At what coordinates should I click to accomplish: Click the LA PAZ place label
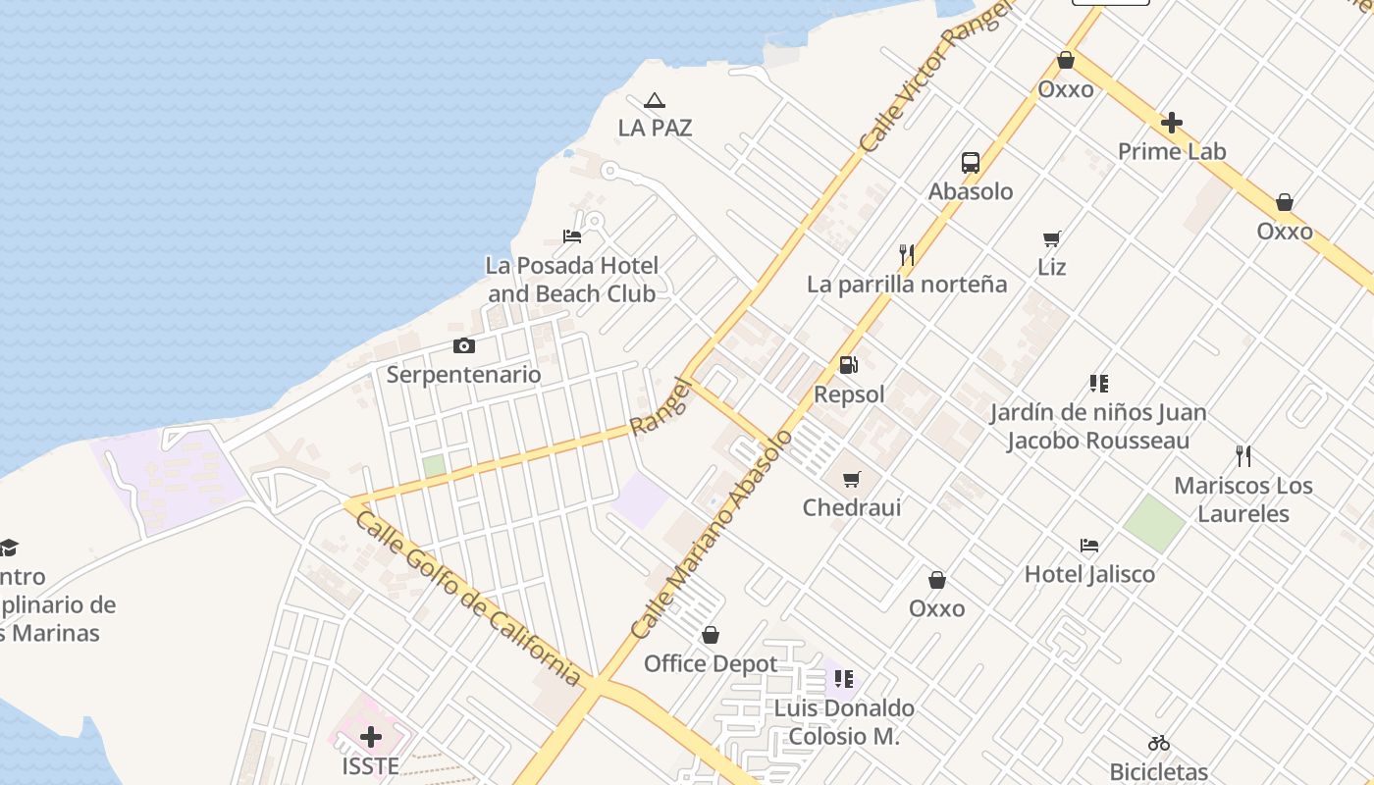coord(655,128)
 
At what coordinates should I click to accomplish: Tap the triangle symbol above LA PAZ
coord(655,100)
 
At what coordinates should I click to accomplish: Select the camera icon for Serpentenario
coord(464,345)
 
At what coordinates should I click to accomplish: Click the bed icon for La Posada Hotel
coord(572,236)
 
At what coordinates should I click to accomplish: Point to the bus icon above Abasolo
coord(971,163)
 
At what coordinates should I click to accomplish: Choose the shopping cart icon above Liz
coord(1052,238)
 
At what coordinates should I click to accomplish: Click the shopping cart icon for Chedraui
coord(852,479)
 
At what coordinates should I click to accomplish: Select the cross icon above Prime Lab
coord(1172,123)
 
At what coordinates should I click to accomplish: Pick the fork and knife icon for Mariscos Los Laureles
coord(1243,456)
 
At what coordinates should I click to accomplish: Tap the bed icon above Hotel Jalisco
coord(1089,546)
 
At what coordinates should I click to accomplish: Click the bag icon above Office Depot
coord(711,635)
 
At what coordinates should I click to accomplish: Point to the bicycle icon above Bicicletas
coord(1159,743)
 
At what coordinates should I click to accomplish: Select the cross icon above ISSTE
coord(371,737)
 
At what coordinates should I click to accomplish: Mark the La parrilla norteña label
coord(907,285)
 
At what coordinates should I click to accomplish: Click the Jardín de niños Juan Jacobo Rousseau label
coord(1097,426)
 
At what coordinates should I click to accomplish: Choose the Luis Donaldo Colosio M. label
coord(844,721)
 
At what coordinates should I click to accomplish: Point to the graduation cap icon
coord(8,548)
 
